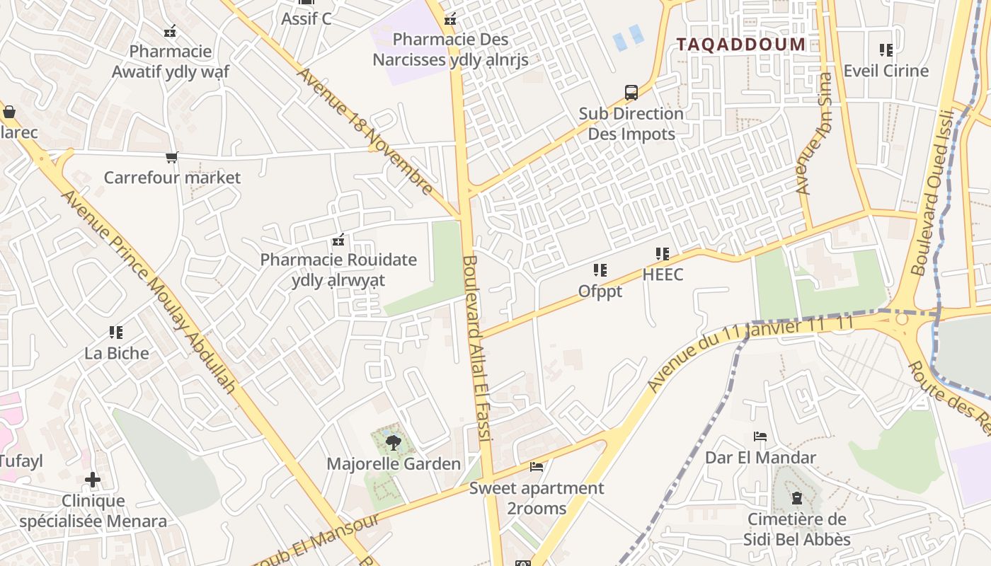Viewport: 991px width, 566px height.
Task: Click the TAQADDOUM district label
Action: tap(740, 45)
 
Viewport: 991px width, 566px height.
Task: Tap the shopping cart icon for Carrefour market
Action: tap(171, 157)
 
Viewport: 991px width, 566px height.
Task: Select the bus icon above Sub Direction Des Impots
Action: tap(631, 92)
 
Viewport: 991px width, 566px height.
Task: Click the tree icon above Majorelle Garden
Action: tap(393, 443)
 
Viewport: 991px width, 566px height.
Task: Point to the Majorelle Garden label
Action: tap(393, 464)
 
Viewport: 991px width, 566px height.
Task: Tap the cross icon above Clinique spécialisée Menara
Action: tap(93, 480)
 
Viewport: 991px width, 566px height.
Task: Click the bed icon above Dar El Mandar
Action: tap(760, 437)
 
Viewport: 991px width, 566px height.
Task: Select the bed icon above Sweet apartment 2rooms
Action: tap(537, 467)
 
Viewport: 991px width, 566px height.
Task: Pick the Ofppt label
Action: tap(600, 291)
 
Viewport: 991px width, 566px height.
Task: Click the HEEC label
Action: tap(663, 275)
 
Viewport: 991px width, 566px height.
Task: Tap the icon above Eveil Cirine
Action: tap(886, 50)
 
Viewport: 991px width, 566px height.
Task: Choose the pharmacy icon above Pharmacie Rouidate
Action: tap(338, 240)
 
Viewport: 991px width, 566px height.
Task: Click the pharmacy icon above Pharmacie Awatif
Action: tap(170, 31)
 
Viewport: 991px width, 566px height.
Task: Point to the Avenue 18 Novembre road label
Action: tap(365, 131)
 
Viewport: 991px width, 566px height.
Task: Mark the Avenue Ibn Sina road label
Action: tap(814, 134)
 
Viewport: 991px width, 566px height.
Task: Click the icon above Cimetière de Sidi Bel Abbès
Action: tap(796, 498)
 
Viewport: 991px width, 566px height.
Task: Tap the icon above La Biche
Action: tap(116, 332)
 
